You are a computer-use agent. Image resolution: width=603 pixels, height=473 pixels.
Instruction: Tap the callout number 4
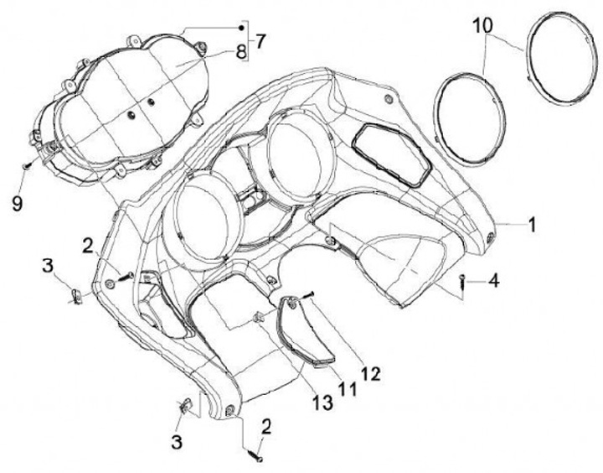coord(494,280)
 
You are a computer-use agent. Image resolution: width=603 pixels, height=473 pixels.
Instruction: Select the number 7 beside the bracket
coord(260,40)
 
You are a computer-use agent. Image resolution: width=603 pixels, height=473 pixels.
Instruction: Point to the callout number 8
coord(240,52)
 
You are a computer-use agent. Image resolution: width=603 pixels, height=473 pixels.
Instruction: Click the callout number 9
coord(18,200)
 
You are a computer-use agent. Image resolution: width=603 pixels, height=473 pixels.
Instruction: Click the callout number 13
coord(323,403)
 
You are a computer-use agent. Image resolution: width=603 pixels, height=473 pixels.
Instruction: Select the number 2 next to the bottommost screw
coord(265,427)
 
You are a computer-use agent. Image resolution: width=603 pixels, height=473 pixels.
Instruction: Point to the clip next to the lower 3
coord(186,408)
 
